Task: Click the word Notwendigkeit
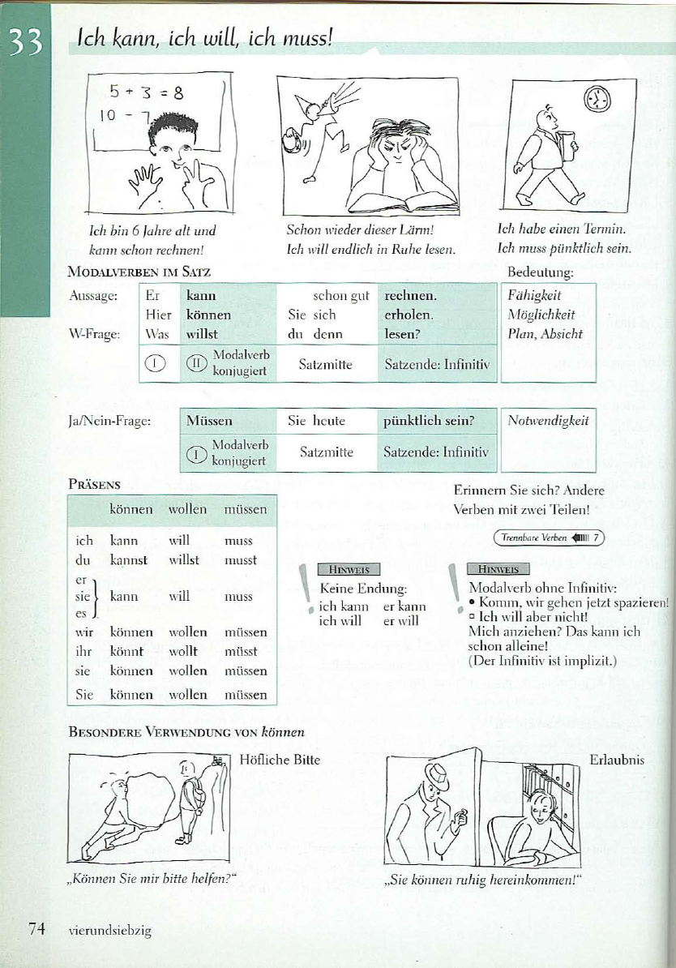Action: (x=548, y=421)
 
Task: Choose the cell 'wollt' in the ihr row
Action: (x=183, y=651)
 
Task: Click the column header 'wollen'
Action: (x=187, y=510)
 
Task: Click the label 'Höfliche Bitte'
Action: (x=280, y=760)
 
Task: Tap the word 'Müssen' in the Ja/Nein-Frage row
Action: (x=209, y=421)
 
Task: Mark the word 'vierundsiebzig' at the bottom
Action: (x=110, y=931)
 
